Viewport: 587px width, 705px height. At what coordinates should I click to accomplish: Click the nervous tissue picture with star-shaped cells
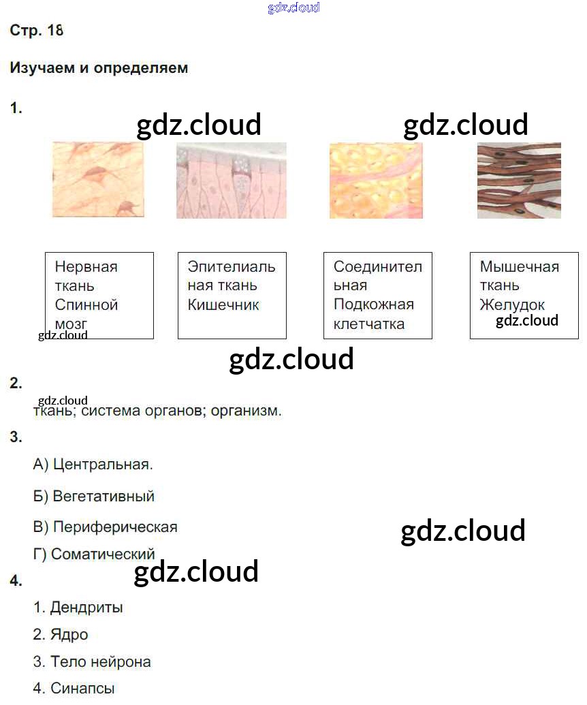98,180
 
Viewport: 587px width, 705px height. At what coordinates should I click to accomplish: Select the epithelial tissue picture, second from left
231,180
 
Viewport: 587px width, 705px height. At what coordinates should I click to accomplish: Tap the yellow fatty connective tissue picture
376,180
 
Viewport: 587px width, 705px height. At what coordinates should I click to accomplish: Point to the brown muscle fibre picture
519,180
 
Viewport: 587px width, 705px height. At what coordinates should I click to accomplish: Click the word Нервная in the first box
86,267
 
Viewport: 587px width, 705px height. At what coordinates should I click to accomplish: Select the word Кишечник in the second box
223,305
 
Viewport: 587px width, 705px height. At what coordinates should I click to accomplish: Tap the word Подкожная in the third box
373,304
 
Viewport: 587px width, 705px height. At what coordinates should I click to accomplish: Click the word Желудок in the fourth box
512,305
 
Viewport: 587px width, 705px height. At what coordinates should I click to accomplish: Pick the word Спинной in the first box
86,305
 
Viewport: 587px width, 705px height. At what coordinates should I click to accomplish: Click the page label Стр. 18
37,31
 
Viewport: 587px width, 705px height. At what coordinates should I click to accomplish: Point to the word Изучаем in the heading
37,68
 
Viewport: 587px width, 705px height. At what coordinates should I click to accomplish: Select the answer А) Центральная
93,465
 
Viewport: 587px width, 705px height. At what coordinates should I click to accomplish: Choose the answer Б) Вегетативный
94,497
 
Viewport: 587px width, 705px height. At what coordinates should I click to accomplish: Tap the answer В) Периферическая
105,527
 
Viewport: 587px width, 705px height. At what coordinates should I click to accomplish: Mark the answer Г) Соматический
94,554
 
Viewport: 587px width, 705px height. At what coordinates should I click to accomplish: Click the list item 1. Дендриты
78,607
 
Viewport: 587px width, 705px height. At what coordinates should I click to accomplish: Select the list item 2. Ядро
61,635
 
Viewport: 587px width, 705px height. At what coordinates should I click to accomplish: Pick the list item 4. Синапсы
74,689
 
